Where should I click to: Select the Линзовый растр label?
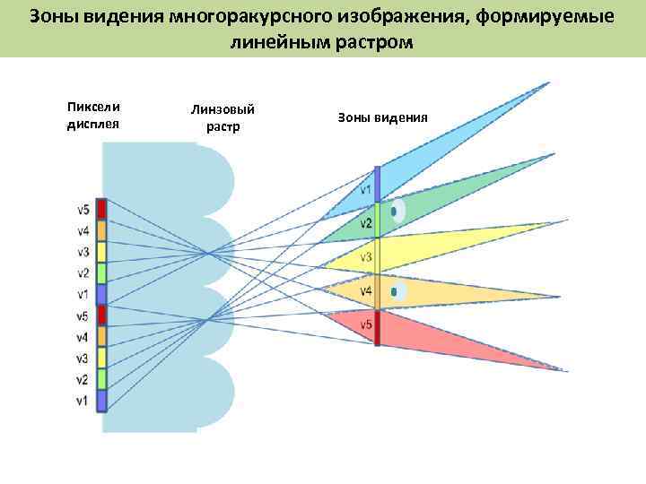[x=223, y=117]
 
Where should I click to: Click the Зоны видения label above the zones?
[x=382, y=117]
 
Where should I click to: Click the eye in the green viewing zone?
[x=396, y=212]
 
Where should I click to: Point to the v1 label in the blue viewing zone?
[x=366, y=190]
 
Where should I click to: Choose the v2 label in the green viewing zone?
[x=366, y=223]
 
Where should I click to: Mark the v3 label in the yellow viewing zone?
[x=366, y=258]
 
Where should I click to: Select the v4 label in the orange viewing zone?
[x=366, y=291]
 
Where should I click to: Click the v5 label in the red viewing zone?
[x=366, y=324]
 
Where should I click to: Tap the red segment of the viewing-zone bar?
[x=378, y=327]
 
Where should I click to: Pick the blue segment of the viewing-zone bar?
[x=378, y=185]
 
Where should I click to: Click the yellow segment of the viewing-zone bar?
[x=378, y=255]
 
